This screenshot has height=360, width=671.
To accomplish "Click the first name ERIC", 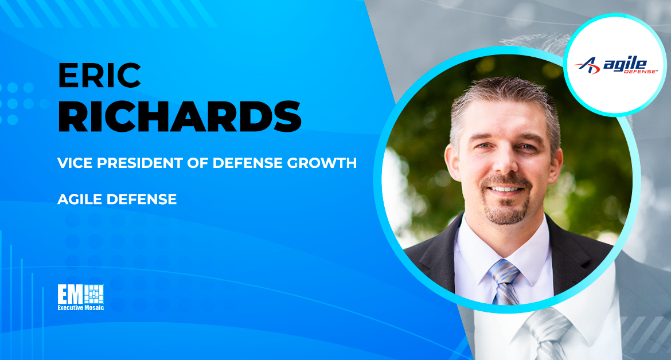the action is [x=99, y=75].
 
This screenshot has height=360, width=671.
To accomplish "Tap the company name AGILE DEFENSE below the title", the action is [x=117, y=199].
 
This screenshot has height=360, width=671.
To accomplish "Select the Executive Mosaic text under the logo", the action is [x=81, y=307].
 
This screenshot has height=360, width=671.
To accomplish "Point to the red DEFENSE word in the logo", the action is [x=640, y=72].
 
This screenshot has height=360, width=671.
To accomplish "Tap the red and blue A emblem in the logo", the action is [x=587, y=65].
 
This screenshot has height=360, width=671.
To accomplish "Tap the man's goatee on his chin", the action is [x=506, y=210].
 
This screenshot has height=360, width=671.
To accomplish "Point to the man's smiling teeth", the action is [x=505, y=189].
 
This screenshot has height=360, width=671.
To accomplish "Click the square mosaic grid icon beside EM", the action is [x=93, y=294].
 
